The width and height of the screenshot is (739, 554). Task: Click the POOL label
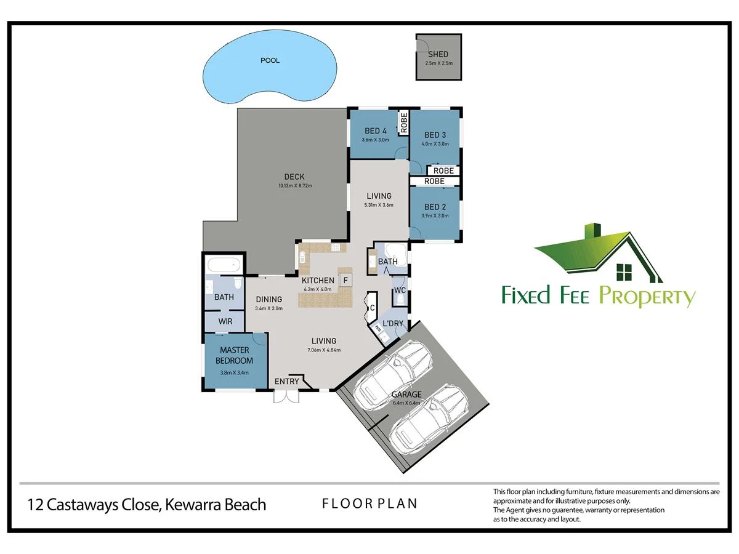tap(270, 60)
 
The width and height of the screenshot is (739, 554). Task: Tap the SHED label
tap(438, 54)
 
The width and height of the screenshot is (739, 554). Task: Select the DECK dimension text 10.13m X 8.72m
tap(295, 185)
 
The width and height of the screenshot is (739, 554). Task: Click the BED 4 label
tap(376, 131)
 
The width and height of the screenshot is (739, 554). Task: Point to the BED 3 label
tap(435, 135)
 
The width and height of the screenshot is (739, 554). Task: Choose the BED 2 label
tap(435, 207)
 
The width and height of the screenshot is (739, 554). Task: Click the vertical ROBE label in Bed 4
tap(404, 122)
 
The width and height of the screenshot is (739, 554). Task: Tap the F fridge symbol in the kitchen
tap(345, 280)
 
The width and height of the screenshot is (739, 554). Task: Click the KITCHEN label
tap(318, 281)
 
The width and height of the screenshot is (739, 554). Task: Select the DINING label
tap(269, 299)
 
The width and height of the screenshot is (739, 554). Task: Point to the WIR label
tap(225, 321)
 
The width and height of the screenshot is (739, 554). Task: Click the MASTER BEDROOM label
tap(235, 355)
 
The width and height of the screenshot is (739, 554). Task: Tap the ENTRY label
tap(286, 382)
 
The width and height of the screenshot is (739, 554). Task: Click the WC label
tap(400, 291)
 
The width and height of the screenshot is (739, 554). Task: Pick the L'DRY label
tap(393, 323)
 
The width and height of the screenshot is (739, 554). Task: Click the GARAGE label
tap(406, 394)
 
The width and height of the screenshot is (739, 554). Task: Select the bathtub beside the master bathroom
tap(224, 265)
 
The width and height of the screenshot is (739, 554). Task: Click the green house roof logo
tap(598, 253)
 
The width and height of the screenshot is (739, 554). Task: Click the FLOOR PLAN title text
tap(369, 504)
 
